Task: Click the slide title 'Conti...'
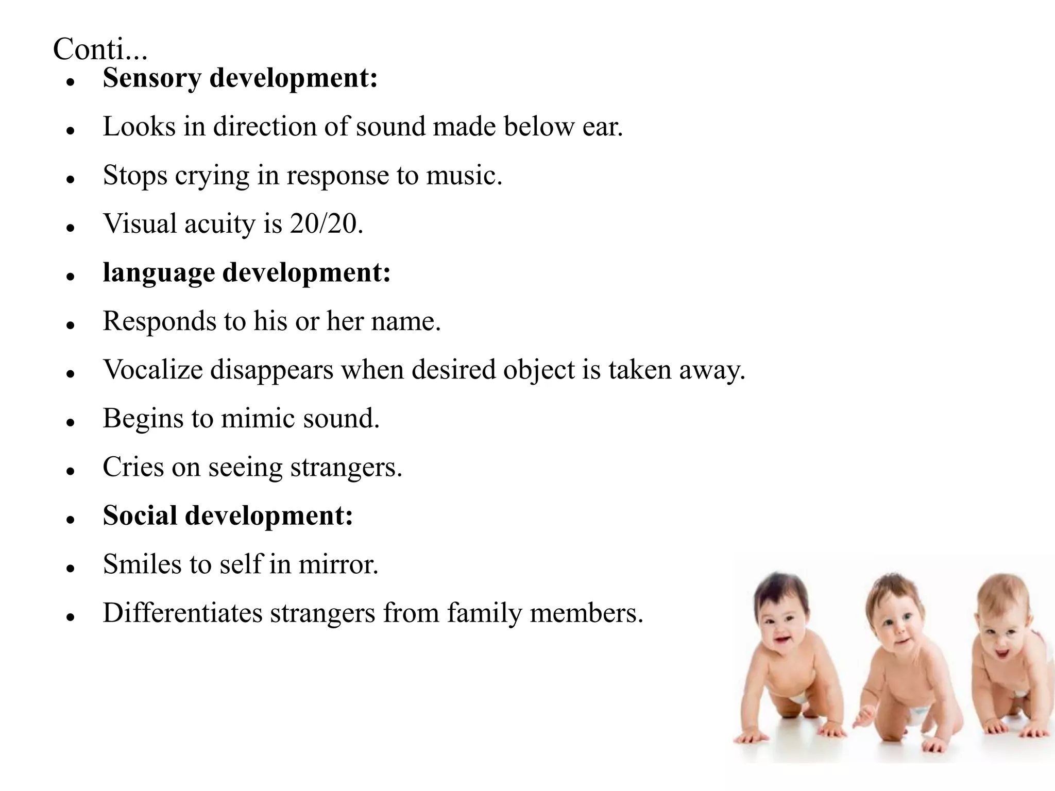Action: [x=100, y=50]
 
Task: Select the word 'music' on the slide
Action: [x=462, y=176]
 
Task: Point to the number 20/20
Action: [x=324, y=224]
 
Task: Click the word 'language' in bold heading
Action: [x=158, y=273]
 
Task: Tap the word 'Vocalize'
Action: [x=153, y=370]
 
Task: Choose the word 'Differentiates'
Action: [x=182, y=613]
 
